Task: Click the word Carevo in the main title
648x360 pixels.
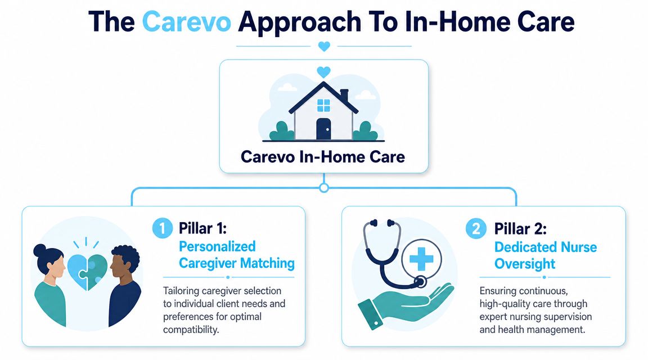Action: [x=186, y=22]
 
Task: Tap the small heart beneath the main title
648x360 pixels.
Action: [x=324, y=46]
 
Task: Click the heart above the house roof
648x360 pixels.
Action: [x=323, y=73]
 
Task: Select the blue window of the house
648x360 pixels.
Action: [x=323, y=105]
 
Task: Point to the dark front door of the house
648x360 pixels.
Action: [x=323, y=129]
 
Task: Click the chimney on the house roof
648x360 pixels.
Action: [x=344, y=94]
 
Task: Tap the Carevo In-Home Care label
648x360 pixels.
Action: [x=323, y=156]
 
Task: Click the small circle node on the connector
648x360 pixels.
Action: [x=324, y=188]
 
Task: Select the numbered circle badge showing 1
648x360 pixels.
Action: [x=163, y=228]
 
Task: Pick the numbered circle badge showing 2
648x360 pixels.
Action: [x=476, y=228]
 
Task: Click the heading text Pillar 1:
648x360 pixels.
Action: [x=203, y=228]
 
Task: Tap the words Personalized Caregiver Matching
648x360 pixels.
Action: [x=237, y=255]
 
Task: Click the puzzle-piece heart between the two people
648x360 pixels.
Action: [x=87, y=271]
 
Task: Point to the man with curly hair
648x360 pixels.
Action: [x=124, y=286]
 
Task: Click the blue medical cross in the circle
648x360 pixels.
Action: [x=421, y=259]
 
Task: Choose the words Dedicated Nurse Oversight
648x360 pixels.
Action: [x=546, y=255]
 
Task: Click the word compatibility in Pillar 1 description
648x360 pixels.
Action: [x=191, y=330]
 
